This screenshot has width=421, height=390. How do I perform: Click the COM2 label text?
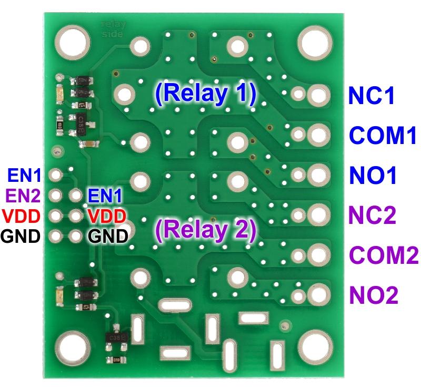384,255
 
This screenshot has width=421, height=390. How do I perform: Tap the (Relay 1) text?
205,93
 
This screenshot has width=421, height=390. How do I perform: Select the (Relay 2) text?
205,230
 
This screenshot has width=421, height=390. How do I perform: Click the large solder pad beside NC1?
317,96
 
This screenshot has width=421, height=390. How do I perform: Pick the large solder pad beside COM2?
317,255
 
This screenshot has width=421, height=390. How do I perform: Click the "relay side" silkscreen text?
111,29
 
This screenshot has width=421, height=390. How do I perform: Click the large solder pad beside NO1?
317,175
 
